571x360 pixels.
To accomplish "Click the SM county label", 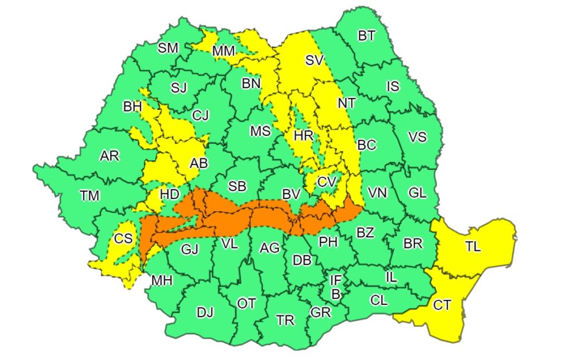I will [x=168, y=48].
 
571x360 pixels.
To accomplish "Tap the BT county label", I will [x=366, y=36].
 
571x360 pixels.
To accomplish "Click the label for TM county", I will [x=89, y=196].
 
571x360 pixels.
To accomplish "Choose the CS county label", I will [x=123, y=239].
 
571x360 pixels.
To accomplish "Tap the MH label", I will [x=162, y=280].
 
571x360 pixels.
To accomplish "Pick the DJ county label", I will [x=205, y=313].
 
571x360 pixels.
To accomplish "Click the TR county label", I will [x=285, y=320].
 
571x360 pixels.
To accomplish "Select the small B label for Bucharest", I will [x=336, y=293].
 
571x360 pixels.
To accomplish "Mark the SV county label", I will [x=314, y=60].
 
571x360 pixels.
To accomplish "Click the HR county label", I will [x=304, y=135].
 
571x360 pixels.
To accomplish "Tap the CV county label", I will [x=327, y=182].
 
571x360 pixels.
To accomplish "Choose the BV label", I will [x=291, y=194].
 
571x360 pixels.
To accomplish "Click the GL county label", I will [x=417, y=193].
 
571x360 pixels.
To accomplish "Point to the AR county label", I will [x=109, y=156].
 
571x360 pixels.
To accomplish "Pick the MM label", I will [x=224, y=51].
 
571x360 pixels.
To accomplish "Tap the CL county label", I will [x=379, y=300].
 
